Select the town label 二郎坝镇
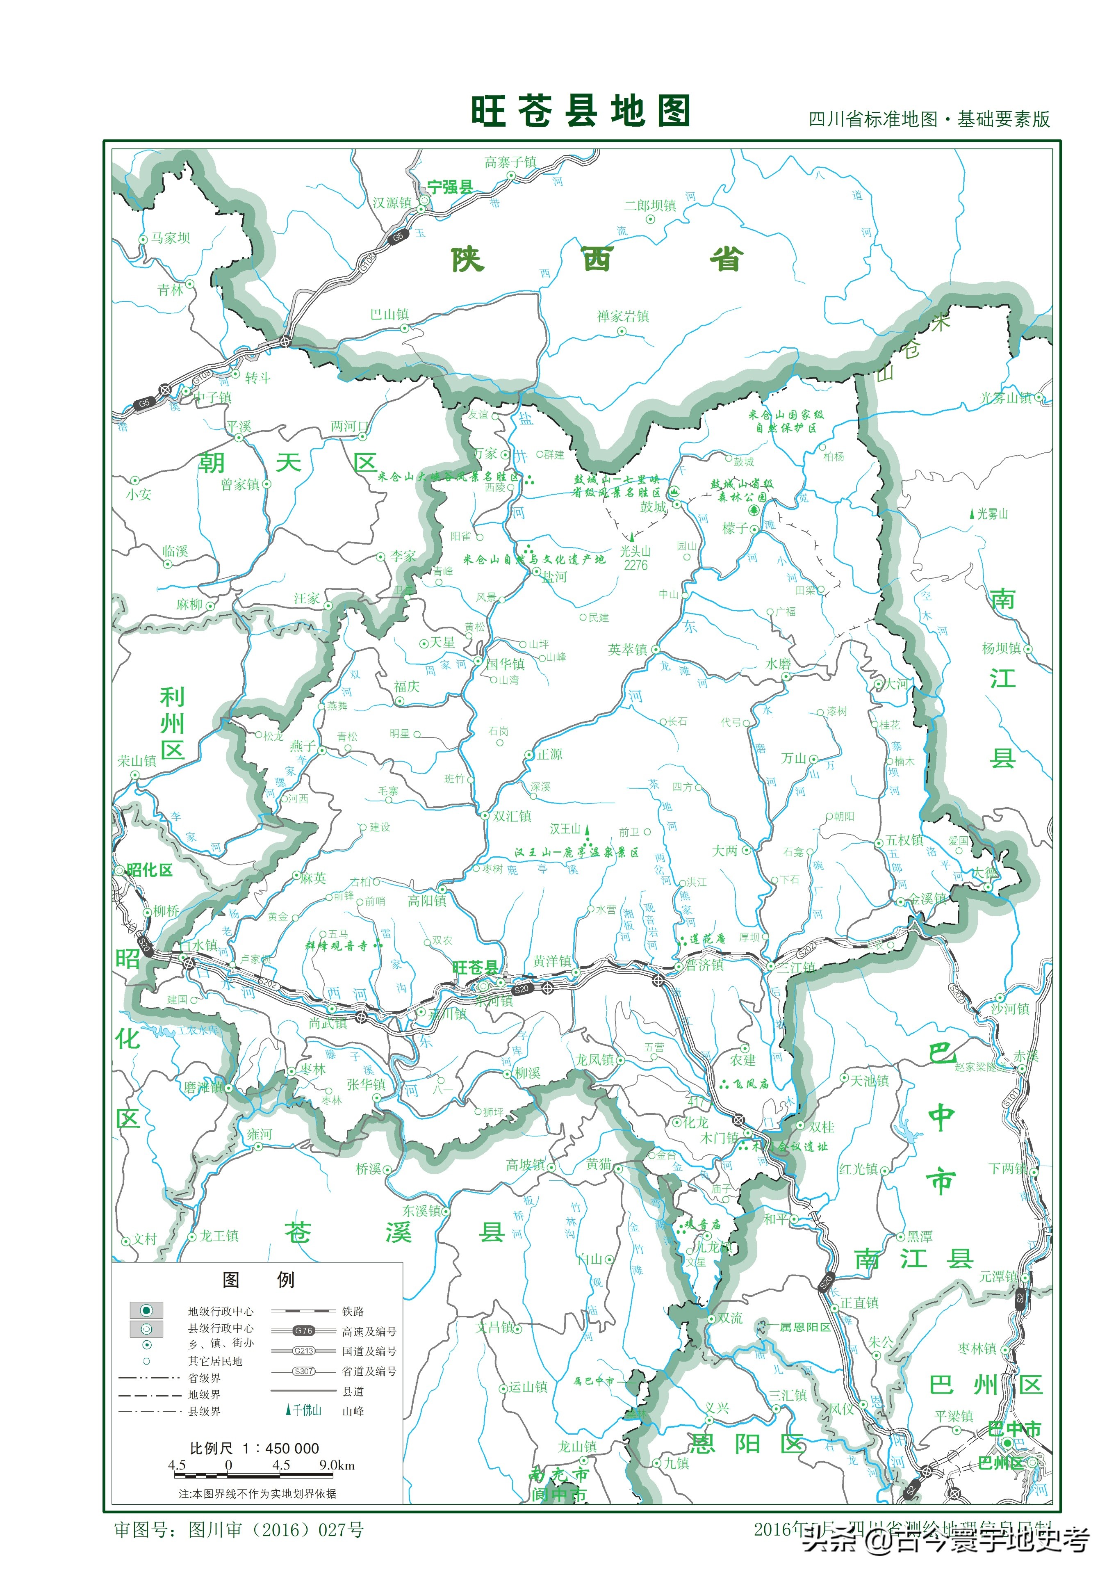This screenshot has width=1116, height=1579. click(x=650, y=205)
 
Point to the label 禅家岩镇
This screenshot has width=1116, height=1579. click(x=623, y=316)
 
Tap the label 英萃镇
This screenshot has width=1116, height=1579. click(x=628, y=649)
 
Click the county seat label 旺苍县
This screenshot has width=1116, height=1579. click(x=474, y=967)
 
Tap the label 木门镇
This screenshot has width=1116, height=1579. click(x=719, y=1138)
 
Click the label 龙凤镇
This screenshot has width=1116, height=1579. click(x=595, y=1060)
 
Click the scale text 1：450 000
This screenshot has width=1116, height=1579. click(x=280, y=1448)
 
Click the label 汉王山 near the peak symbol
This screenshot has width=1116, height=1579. click(x=565, y=829)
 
